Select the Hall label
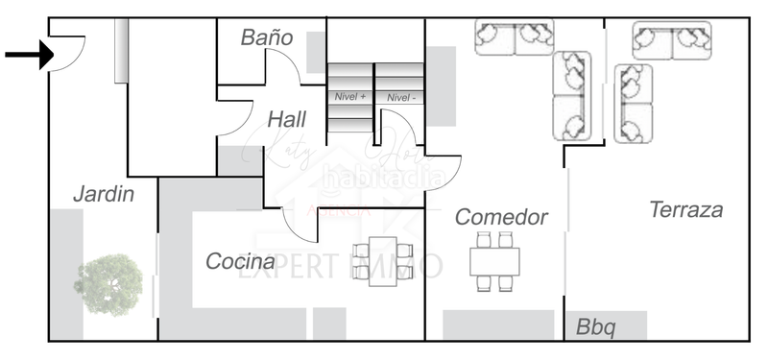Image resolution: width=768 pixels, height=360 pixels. point(287,120)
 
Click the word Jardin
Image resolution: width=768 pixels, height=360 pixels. point(104,195)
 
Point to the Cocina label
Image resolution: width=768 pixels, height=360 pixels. point(240,261)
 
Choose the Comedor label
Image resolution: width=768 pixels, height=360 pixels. point(501,217)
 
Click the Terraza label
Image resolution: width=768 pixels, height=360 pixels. point(685,210)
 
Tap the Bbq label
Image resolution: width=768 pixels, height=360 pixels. point(595,326)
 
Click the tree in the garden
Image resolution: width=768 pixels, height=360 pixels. point(108,284)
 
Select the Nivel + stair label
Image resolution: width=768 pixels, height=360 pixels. point(350,97)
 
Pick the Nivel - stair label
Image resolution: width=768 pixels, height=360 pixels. point(401,97)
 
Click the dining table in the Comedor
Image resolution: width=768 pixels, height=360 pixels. point(494,261)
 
